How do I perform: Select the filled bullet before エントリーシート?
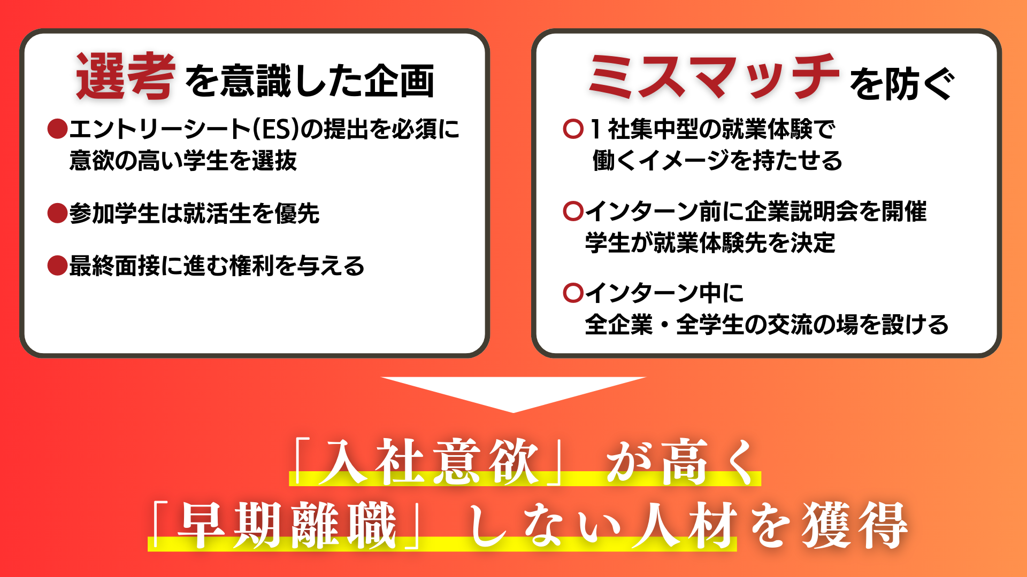click(57, 129)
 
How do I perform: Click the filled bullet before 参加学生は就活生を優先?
click(57, 213)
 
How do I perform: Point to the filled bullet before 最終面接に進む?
click(57, 266)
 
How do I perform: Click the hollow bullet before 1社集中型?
click(573, 129)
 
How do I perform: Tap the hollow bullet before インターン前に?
click(573, 212)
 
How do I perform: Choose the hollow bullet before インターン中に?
click(573, 293)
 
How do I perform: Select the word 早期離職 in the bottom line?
click(287, 525)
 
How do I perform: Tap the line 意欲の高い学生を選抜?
click(183, 161)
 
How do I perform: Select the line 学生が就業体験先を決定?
click(710, 243)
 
